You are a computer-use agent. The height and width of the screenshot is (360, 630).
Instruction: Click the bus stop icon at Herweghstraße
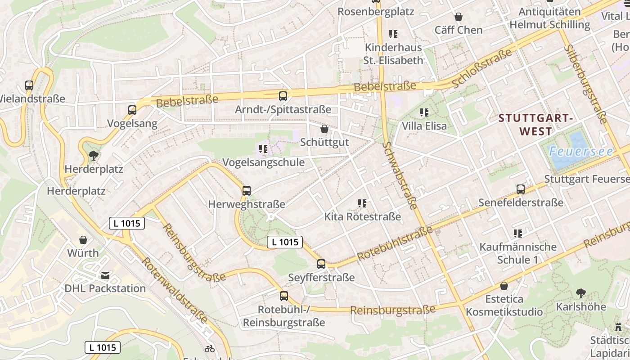coord(247,190)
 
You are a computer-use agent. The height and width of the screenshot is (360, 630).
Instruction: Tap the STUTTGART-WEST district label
coord(535,125)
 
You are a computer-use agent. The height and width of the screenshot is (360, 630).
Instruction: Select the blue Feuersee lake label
coord(580,152)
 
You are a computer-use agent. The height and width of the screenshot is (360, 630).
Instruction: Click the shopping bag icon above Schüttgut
coord(324,129)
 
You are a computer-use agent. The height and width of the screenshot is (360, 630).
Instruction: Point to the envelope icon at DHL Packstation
coord(105,275)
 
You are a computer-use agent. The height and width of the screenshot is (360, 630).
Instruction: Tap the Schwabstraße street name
coord(400,175)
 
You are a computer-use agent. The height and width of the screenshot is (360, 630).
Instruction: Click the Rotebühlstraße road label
coord(395,243)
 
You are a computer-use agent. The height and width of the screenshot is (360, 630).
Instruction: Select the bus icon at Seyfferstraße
coord(321,264)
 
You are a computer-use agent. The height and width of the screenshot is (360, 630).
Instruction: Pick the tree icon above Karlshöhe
coord(580,293)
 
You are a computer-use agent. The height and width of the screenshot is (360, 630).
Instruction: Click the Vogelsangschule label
coord(263,162)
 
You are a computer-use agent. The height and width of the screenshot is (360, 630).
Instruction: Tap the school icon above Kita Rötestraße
coord(362,203)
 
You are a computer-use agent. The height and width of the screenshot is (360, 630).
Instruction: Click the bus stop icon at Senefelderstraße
coord(521,189)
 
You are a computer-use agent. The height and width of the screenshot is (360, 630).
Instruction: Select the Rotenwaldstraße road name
coord(175,290)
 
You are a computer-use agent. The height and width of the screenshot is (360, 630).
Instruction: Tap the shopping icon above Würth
coord(83,240)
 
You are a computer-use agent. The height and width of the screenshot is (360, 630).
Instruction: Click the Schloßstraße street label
coord(482,68)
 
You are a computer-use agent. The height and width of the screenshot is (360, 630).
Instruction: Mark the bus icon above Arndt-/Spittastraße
coord(283,96)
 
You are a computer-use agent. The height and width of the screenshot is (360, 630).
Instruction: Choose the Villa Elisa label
coord(424,126)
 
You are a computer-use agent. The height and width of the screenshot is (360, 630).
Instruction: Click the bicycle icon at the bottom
coord(209,349)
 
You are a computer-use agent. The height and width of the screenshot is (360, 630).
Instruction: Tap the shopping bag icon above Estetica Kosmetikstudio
coord(504,286)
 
